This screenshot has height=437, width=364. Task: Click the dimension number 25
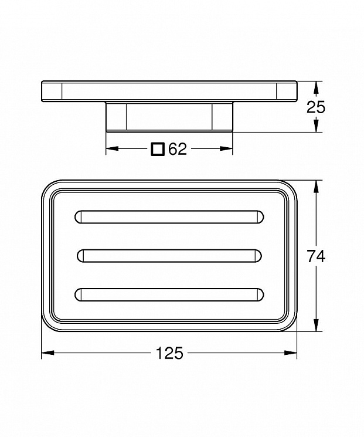316,107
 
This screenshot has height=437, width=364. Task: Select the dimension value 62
178,149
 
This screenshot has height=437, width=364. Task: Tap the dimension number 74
316,256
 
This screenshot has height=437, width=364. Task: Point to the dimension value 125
169,353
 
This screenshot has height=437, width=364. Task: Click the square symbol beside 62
158,149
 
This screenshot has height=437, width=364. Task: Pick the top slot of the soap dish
169,217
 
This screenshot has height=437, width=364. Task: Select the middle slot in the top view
169,256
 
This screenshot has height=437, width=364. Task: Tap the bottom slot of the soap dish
169,295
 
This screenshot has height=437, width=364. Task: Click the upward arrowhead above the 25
315,87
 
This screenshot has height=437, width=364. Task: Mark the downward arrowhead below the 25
315,126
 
